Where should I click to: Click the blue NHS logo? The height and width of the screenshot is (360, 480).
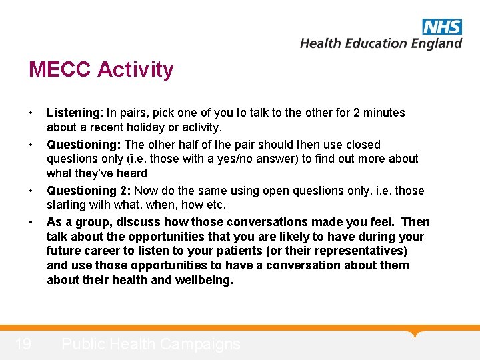point(441,27)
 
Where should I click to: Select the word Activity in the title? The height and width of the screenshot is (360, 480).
point(136,69)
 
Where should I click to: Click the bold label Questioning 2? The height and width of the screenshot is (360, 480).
point(89,191)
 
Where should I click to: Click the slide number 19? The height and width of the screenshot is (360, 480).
point(23,344)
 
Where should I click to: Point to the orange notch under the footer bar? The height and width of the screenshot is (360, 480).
point(416,333)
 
